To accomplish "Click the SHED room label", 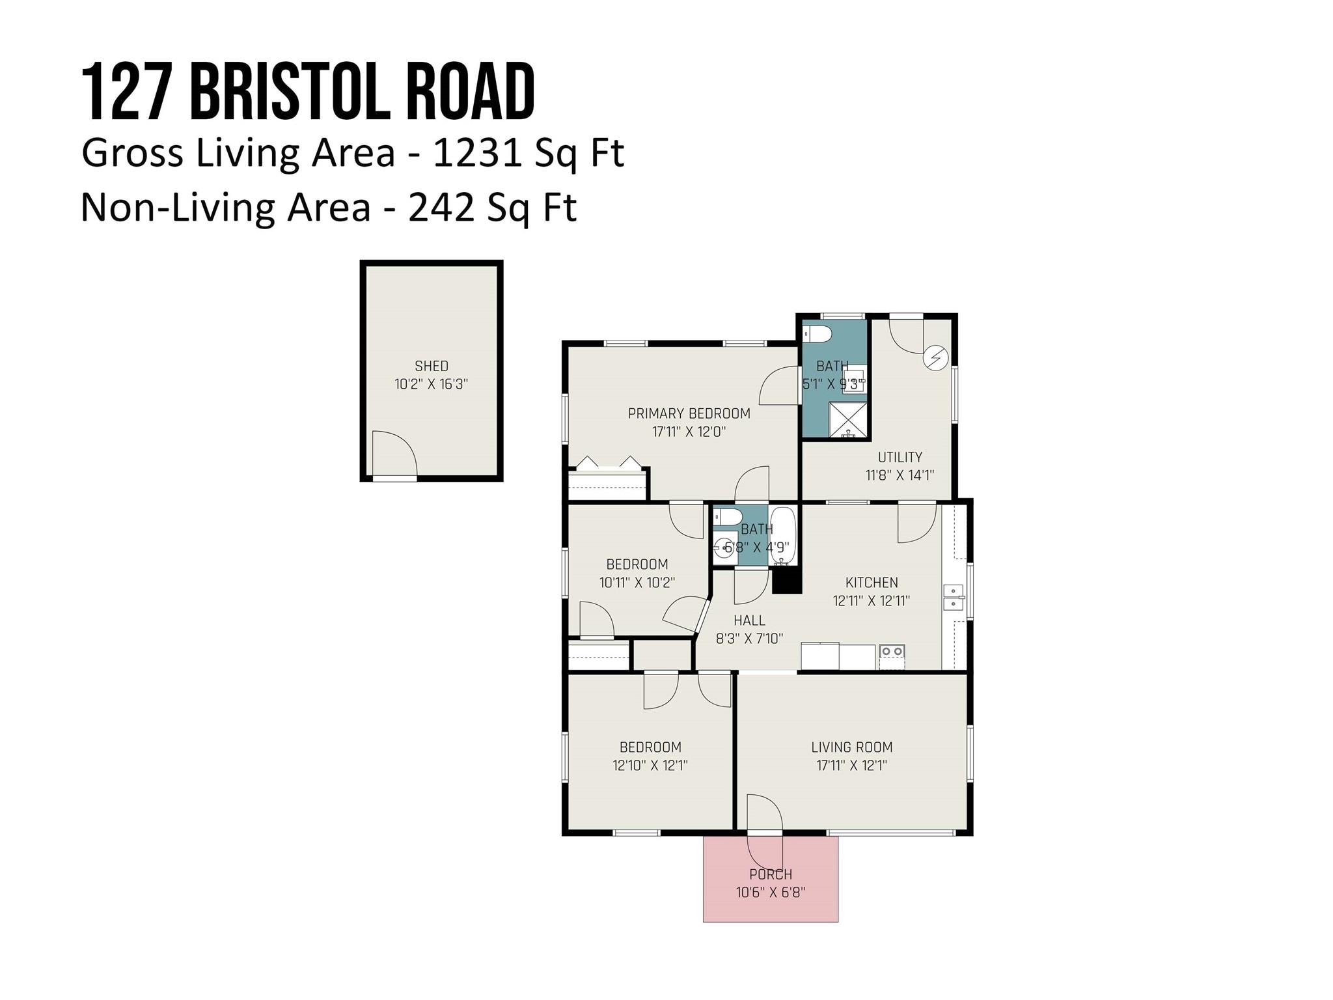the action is click(432, 366).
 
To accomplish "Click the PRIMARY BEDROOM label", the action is click(689, 413).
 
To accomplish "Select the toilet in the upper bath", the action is click(818, 335).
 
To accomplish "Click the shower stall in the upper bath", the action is click(847, 419).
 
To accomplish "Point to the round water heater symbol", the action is click(936, 357).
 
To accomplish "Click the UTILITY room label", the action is click(900, 457).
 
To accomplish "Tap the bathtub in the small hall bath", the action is click(782, 536).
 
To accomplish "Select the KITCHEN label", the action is click(872, 583).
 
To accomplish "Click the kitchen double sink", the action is click(953, 598).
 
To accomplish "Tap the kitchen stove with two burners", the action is click(891, 657).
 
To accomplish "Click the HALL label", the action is click(750, 620).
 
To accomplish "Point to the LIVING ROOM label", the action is click(852, 747).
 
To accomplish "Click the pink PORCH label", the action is click(771, 874).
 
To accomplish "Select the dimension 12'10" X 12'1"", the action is click(650, 766).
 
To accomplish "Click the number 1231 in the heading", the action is click(476, 154).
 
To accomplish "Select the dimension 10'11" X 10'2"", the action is click(637, 583).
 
